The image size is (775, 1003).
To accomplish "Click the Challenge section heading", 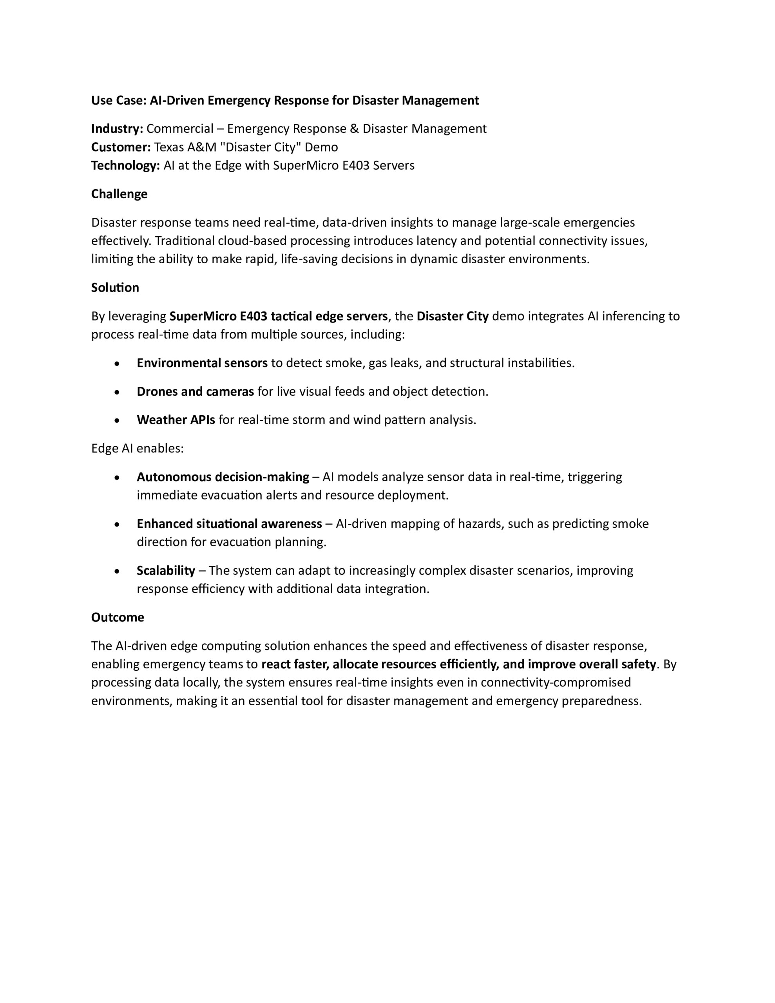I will click(x=119, y=194).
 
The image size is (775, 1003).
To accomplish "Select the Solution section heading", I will click(x=115, y=288).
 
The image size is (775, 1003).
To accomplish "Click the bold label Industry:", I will click(x=117, y=129).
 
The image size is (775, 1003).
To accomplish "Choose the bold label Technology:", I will click(x=125, y=165).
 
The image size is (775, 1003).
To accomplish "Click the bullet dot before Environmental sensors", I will click(x=118, y=364).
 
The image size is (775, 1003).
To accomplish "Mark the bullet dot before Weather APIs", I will click(x=118, y=421).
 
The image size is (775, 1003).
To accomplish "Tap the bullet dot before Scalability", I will click(x=118, y=571).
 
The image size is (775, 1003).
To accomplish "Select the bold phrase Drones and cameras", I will click(x=195, y=391).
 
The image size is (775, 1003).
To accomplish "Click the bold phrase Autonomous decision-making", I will click(x=223, y=477).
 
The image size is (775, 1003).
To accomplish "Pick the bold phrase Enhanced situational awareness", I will click(x=229, y=523).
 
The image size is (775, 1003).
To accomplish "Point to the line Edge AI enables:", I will click(x=138, y=448).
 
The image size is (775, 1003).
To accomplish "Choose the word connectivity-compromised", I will click(x=556, y=683).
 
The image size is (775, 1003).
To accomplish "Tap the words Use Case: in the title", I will click(x=119, y=100).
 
